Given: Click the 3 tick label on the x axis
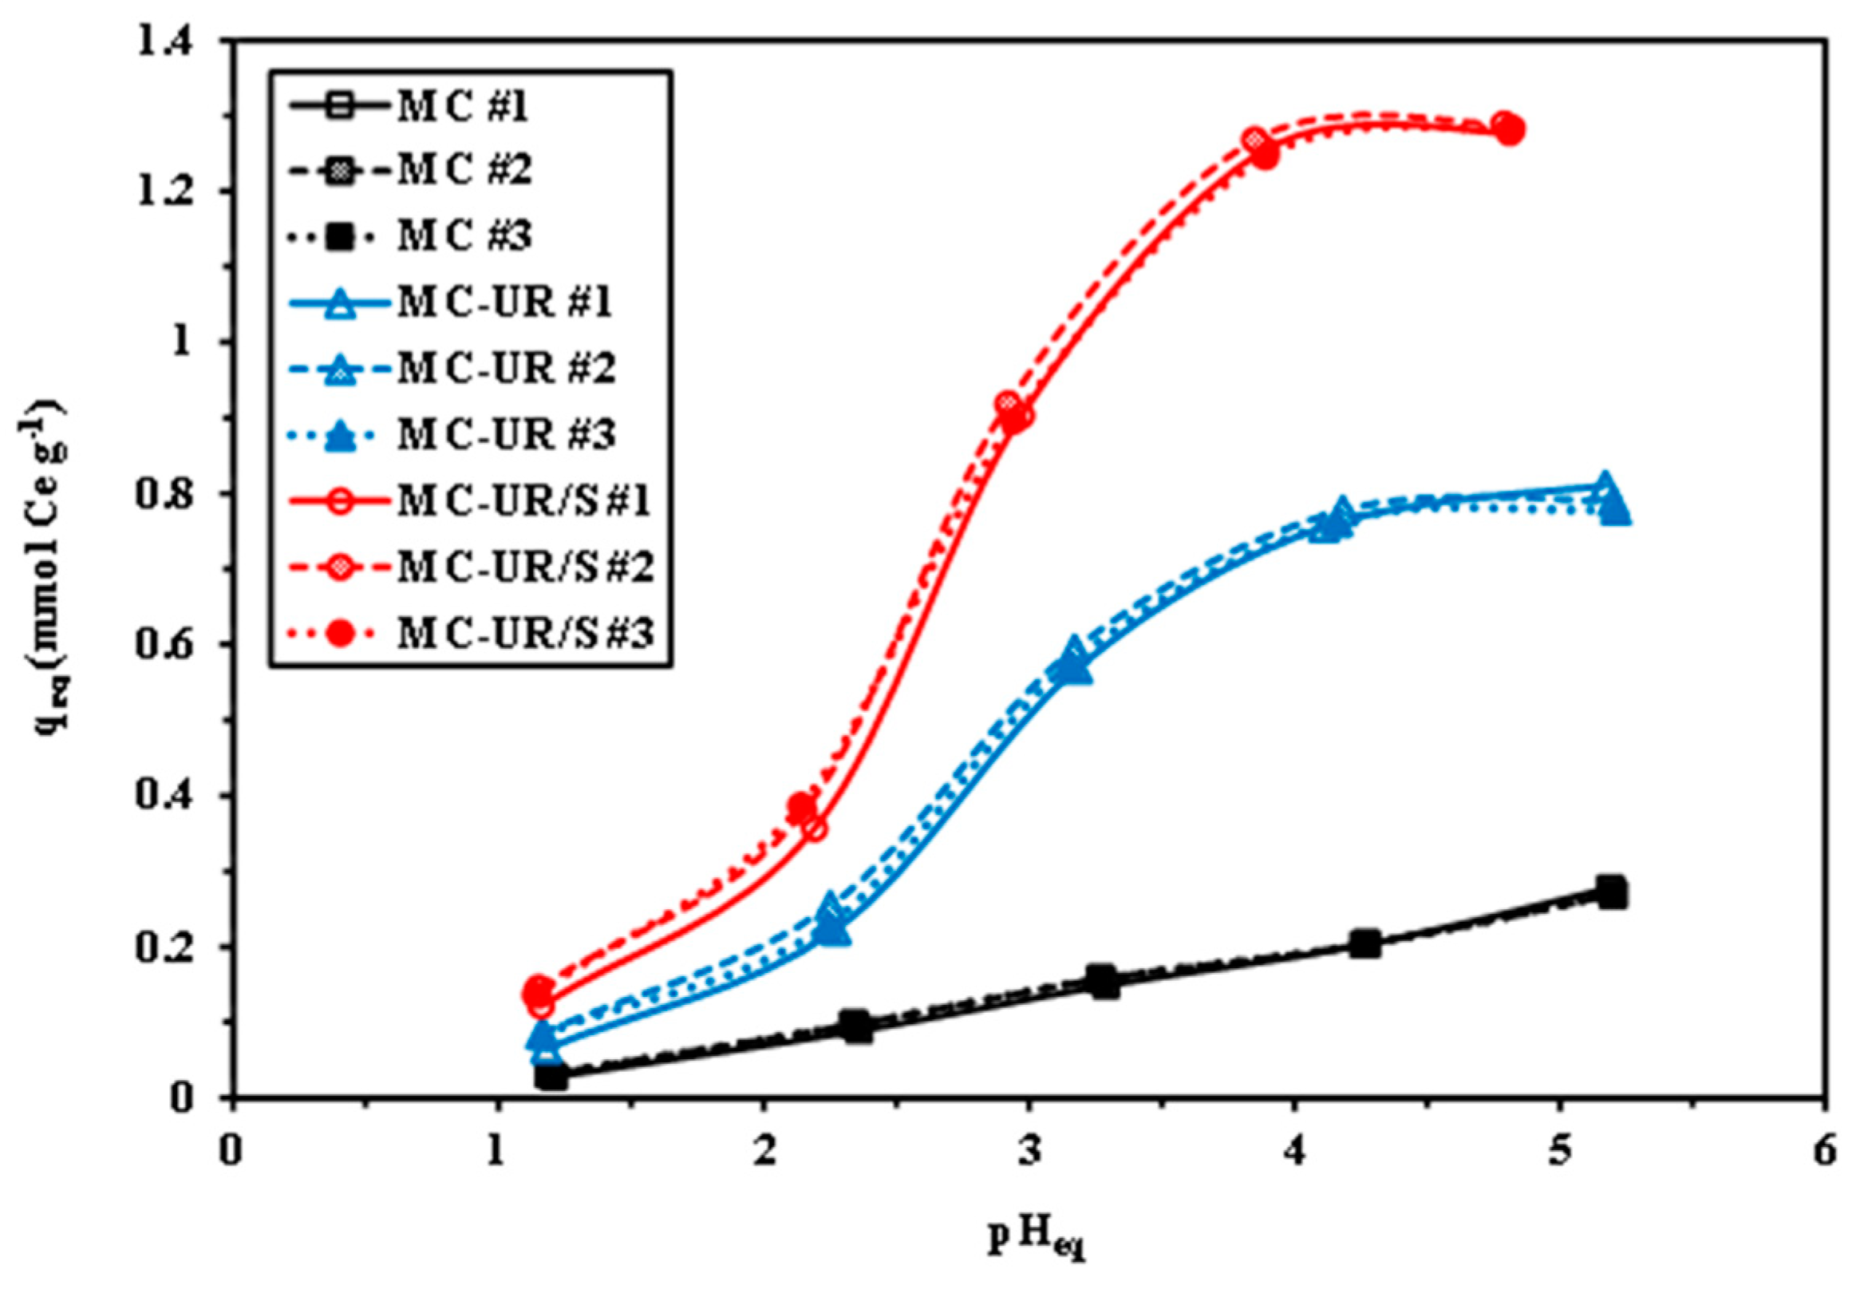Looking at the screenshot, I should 1029,1154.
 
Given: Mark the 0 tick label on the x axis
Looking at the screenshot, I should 232,1154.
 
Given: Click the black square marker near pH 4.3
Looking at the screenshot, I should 1365,943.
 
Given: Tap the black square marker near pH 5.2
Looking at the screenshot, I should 1612,892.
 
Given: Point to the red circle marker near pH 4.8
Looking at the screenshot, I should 1507,129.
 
